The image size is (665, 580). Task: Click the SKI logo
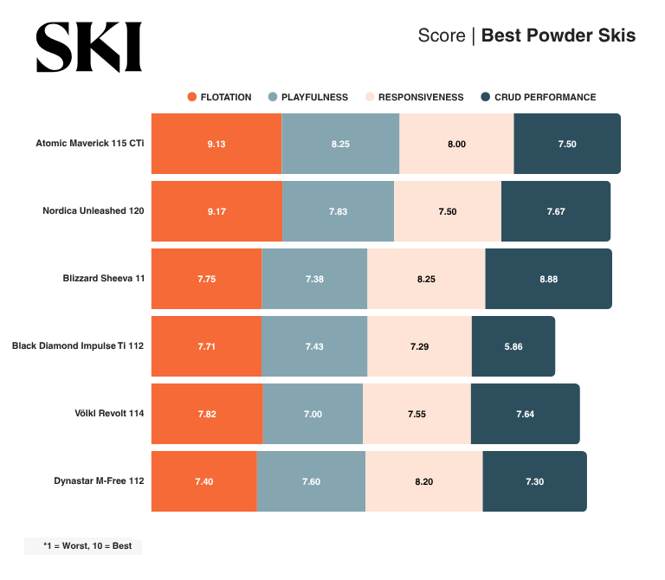[x=88, y=47]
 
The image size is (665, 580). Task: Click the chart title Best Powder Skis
[x=558, y=35]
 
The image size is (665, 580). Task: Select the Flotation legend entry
[x=219, y=97]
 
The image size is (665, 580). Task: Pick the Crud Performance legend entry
[x=538, y=97]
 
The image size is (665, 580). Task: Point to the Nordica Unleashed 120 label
[x=93, y=210]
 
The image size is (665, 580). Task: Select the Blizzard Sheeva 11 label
[x=103, y=279]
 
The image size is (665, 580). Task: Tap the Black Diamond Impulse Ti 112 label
[x=78, y=346]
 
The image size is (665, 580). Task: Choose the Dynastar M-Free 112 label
[x=99, y=481]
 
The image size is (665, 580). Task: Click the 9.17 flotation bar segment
[x=216, y=211]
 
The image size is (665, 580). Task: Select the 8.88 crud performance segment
[x=548, y=279]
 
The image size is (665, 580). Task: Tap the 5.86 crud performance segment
[x=513, y=346]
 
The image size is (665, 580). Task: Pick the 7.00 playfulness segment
[x=313, y=414]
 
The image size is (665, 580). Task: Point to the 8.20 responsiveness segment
[x=423, y=481]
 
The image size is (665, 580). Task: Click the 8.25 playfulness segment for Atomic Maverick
[x=340, y=144]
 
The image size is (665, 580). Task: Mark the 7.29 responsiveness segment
[x=419, y=346]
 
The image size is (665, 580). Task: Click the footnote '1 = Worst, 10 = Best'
[x=83, y=546]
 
